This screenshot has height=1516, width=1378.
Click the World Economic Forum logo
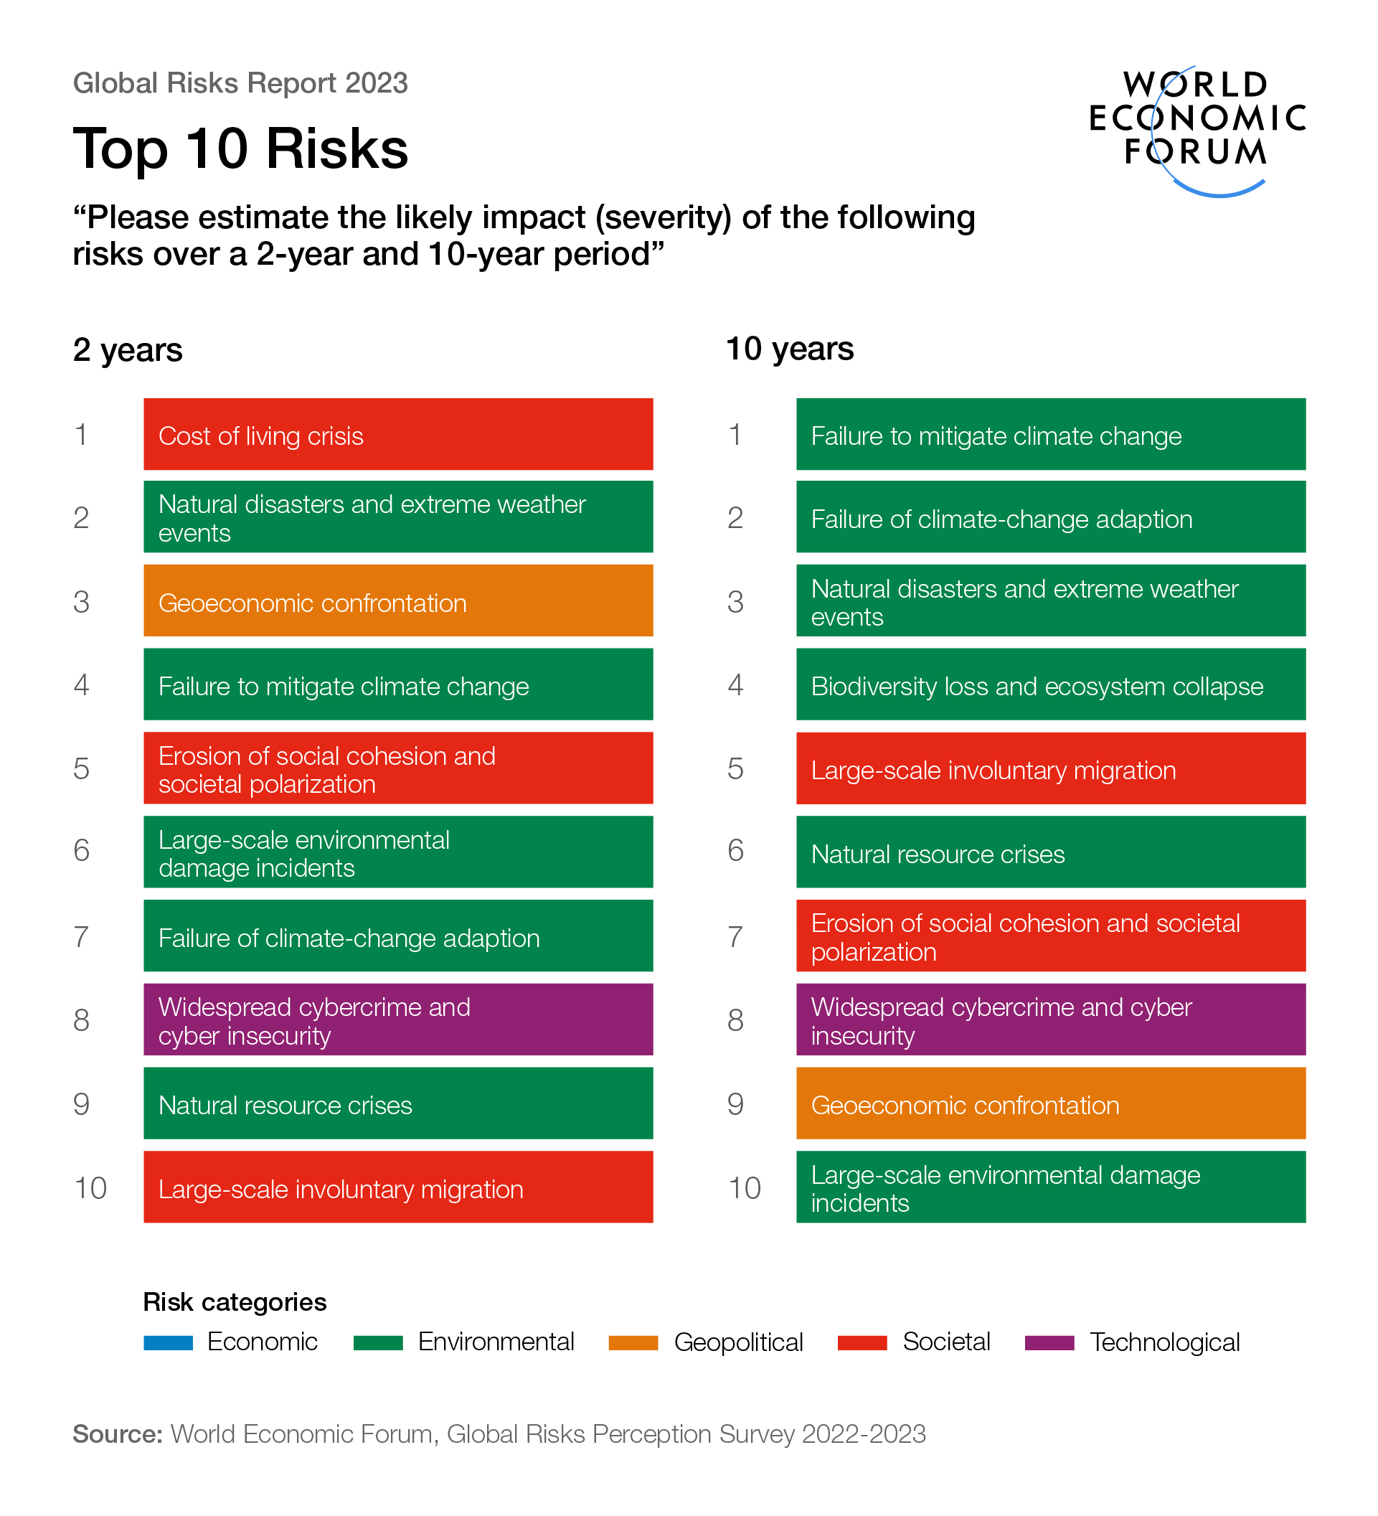pos(1196,128)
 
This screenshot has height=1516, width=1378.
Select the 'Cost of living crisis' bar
pos(397,435)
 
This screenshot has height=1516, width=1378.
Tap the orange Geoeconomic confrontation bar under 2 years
pos(397,601)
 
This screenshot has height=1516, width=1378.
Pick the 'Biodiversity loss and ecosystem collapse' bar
pos(1050,685)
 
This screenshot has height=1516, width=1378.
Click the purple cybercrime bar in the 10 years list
pos(1050,1020)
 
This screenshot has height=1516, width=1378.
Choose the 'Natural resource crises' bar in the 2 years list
pos(397,1104)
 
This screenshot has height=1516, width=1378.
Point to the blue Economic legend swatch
pos(169,1343)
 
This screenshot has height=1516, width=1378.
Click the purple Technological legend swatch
pos(1049,1343)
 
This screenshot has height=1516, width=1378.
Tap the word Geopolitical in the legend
pos(738,1343)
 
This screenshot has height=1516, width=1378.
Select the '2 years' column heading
pos(128,350)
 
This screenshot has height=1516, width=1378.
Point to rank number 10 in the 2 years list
pos(90,1188)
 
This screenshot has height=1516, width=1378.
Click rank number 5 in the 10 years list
pos(735,769)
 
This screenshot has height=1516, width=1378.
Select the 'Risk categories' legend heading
pos(235,1302)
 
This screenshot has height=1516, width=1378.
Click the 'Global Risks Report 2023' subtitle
pos(240,83)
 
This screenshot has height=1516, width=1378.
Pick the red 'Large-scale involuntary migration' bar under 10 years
pos(1050,769)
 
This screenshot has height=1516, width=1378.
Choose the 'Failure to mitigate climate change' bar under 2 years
pos(397,685)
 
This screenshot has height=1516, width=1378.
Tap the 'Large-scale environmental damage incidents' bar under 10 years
pos(1050,1188)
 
